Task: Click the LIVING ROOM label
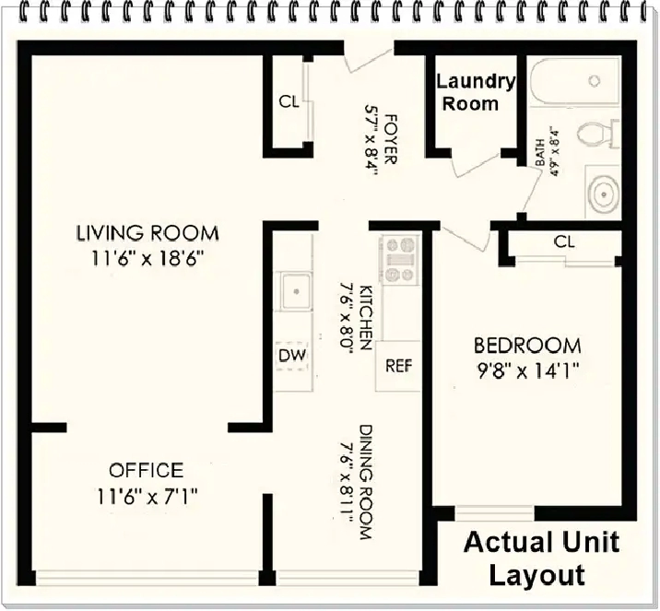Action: click(147, 233)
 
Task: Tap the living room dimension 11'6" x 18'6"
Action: click(147, 258)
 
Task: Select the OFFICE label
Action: click(147, 470)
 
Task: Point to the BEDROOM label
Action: click(527, 346)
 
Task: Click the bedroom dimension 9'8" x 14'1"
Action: click(528, 371)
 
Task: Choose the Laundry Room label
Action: click(476, 92)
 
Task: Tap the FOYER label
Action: click(390, 139)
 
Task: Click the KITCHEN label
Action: click(365, 317)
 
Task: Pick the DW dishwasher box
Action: click(292, 356)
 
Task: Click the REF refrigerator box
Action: click(398, 366)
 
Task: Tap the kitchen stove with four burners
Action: click(399, 259)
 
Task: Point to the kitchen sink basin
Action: click(296, 291)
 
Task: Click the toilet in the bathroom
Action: click(597, 134)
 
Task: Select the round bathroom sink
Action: click(604, 194)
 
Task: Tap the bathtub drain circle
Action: click(595, 80)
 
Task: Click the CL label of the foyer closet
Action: click(289, 101)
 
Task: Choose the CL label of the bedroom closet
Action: click(564, 241)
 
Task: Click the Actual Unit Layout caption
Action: click(540, 558)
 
